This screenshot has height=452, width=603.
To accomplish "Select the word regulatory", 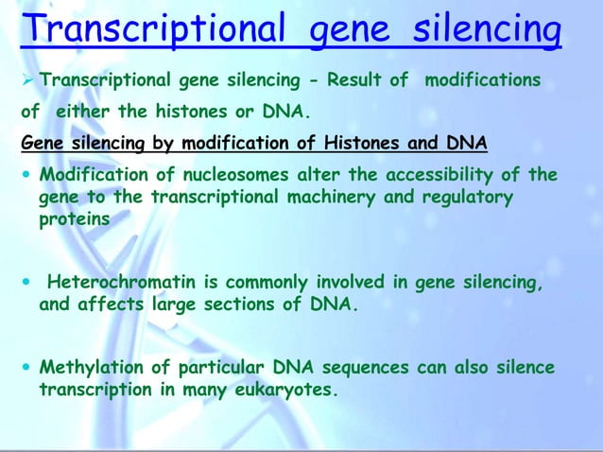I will point(470,197).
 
